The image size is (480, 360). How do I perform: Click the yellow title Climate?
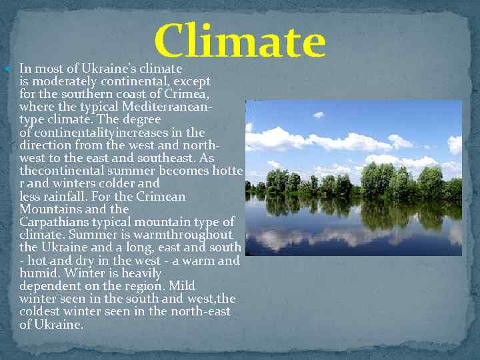coord(240,41)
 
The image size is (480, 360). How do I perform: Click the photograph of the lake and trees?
coord(353,177)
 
